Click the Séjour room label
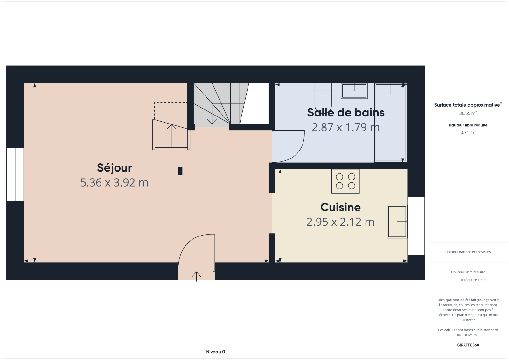pyautogui.click(x=114, y=168)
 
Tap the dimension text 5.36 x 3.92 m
pyautogui.click(x=114, y=183)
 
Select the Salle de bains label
pyautogui.click(x=345, y=113)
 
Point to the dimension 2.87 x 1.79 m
pyautogui.click(x=345, y=127)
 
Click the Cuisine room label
pyautogui.click(x=340, y=207)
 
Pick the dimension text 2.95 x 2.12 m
pyautogui.click(x=340, y=222)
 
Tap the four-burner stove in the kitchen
pyautogui.click(x=345, y=181)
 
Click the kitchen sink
pyautogui.click(x=397, y=222)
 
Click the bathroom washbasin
pyautogui.click(x=354, y=91)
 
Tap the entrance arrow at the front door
pyautogui.click(x=196, y=276)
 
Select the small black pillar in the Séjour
pyautogui.click(x=180, y=171)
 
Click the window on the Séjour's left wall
pyautogui.click(x=15, y=175)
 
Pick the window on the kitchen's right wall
pyautogui.click(x=416, y=226)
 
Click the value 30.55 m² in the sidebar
pyautogui.click(x=468, y=113)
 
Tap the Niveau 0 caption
pyautogui.click(x=216, y=352)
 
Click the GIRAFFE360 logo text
pyautogui.click(x=468, y=345)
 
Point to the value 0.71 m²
pyautogui.click(x=468, y=132)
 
